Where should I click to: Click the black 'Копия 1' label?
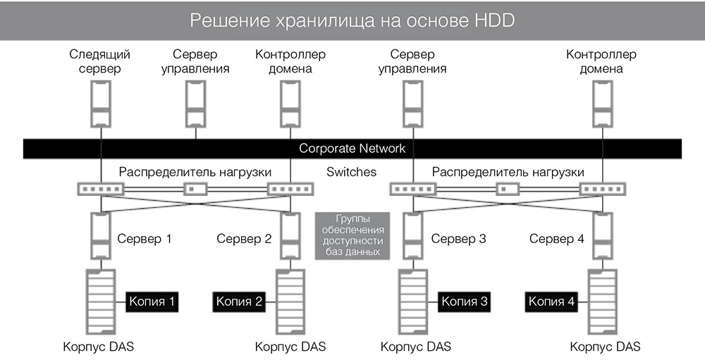click(152, 302)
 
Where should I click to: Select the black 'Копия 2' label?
click(240, 302)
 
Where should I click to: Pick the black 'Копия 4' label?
click(552, 302)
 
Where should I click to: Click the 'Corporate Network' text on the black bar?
click(352, 149)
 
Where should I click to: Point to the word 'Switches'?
click(352, 172)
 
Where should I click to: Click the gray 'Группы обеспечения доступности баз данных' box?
click(351, 235)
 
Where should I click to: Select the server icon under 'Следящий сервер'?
click(100, 102)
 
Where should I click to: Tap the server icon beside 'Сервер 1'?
click(101, 237)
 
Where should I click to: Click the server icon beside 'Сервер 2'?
click(289, 237)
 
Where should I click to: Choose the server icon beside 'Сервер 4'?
click(602, 237)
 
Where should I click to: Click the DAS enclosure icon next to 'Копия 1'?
click(100, 302)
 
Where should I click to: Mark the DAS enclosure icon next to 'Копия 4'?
click(602, 302)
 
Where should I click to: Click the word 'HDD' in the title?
click(491, 20)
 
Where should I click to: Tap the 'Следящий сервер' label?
click(100, 61)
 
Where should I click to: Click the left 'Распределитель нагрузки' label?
click(195, 172)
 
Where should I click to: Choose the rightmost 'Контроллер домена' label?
click(601, 61)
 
